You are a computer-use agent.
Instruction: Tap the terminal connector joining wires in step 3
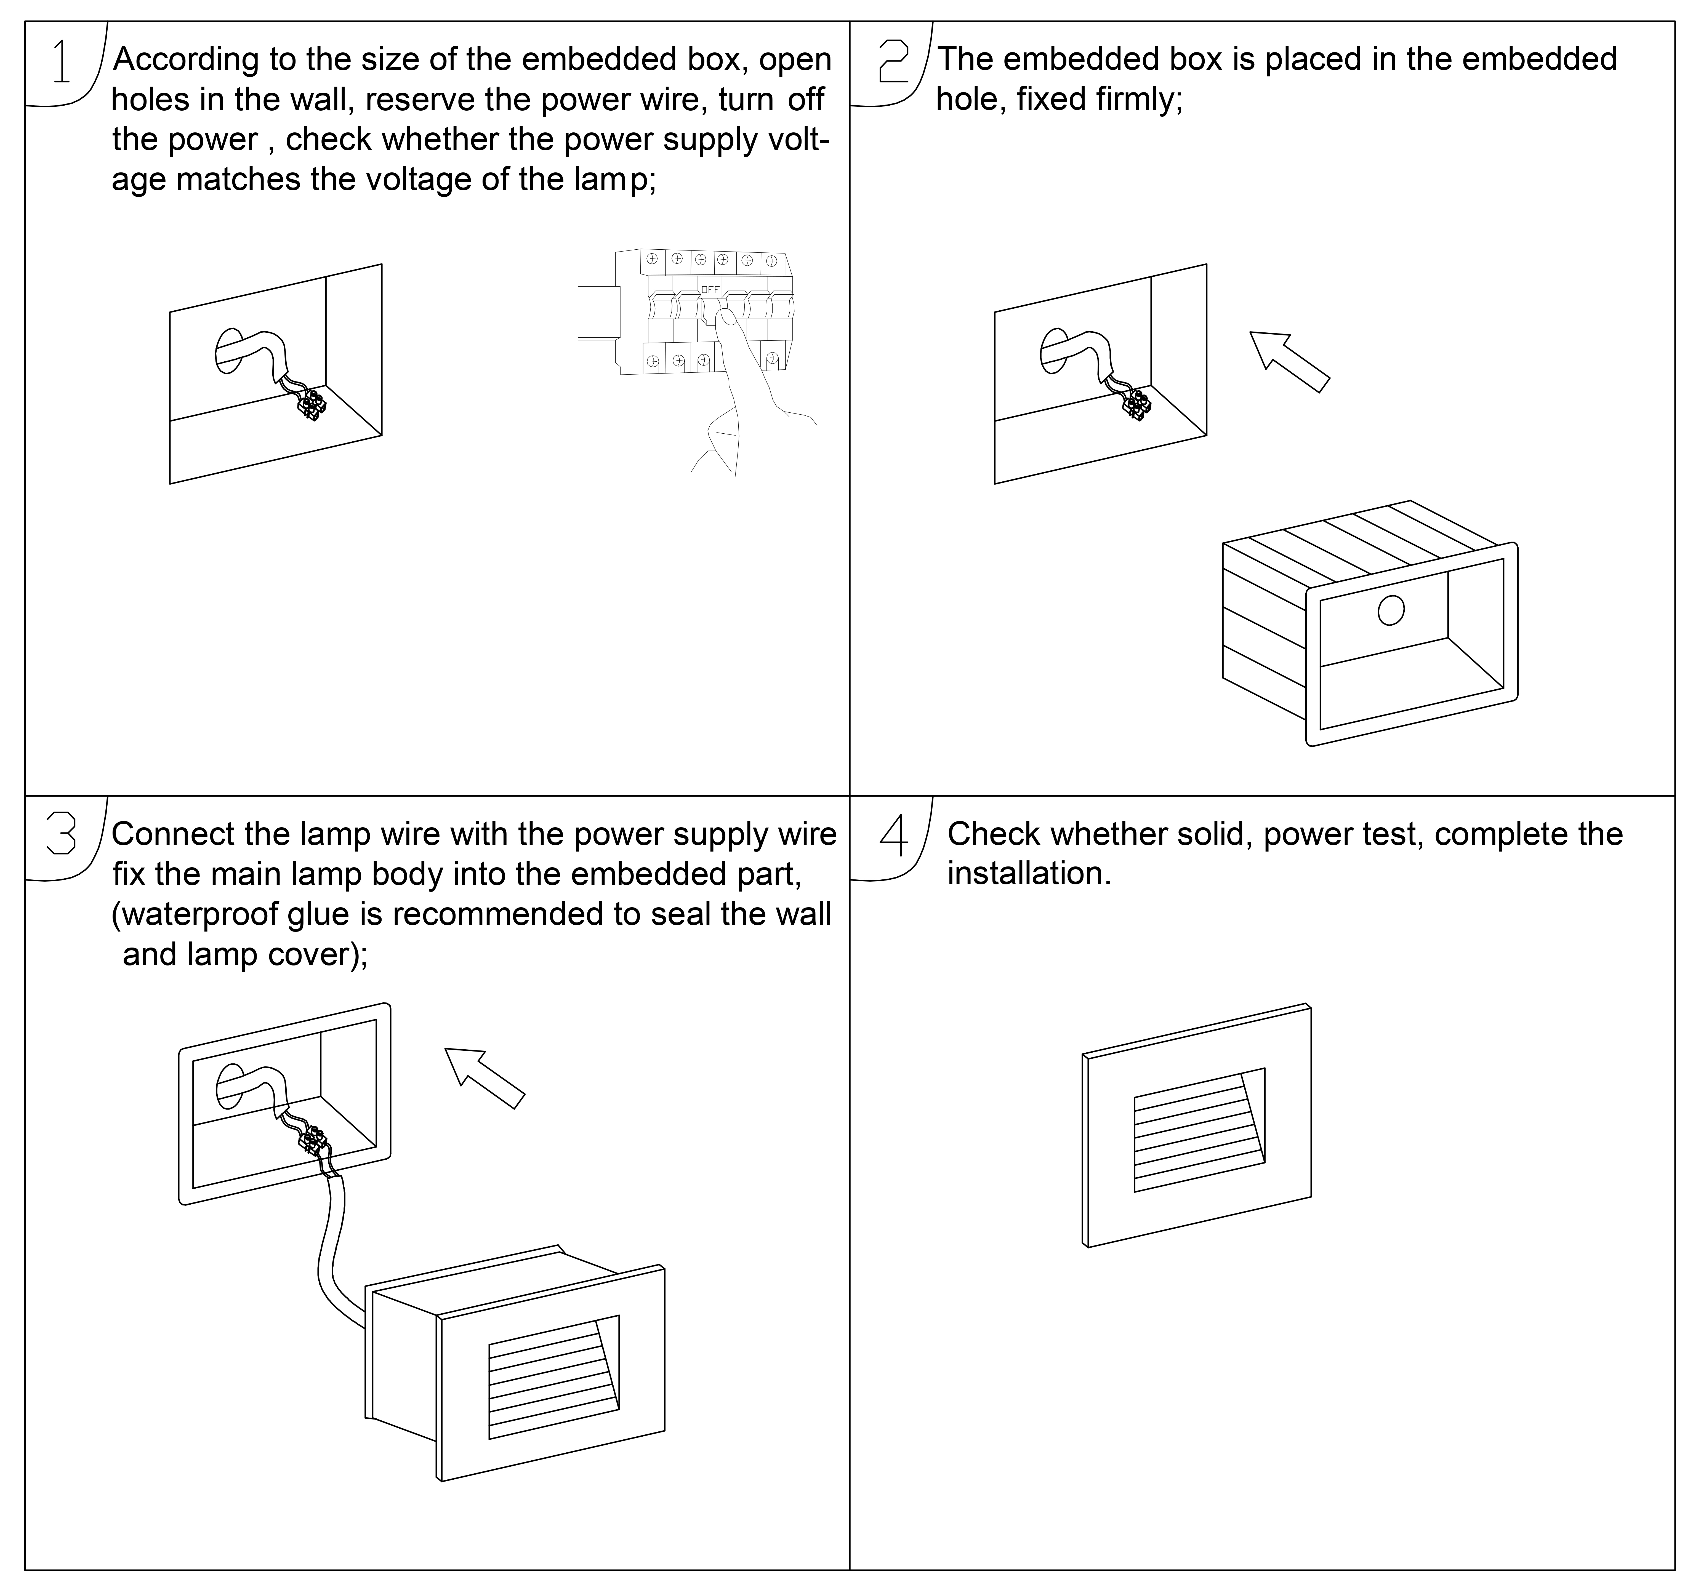click(314, 1140)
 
